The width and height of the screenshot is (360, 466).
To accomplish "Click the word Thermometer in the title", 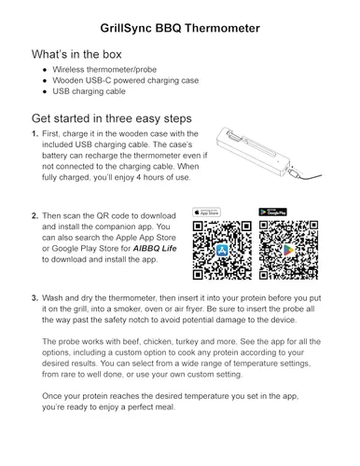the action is pyautogui.click(x=222, y=28).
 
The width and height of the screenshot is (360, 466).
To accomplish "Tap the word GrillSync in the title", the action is pyautogui.click(x=126, y=29).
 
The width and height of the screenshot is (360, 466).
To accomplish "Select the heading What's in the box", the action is pyautogui.click(x=76, y=54).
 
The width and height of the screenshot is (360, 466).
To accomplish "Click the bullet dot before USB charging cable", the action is pyautogui.click(x=46, y=91).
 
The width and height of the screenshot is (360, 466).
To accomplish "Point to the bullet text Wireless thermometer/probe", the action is pyautogui.click(x=104, y=70).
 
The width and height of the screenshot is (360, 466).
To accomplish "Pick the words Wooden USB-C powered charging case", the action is pyautogui.click(x=126, y=80).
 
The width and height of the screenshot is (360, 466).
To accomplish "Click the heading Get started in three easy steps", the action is pyautogui.click(x=112, y=118).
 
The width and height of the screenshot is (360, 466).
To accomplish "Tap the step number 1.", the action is pyautogui.click(x=35, y=134).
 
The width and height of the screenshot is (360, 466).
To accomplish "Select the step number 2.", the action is pyautogui.click(x=35, y=216).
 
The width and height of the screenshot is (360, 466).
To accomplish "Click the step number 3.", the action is pyautogui.click(x=35, y=298).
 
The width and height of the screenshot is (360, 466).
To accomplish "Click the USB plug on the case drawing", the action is pyautogui.click(x=294, y=171).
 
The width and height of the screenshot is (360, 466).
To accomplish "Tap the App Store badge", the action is pyautogui.click(x=206, y=212).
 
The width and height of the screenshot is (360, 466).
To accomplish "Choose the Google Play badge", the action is pyautogui.click(x=272, y=212).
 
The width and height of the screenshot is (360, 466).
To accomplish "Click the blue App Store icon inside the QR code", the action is pyautogui.click(x=222, y=251).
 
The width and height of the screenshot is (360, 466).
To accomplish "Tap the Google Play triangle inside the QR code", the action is pyautogui.click(x=288, y=251).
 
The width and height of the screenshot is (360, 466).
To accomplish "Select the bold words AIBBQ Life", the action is pyautogui.click(x=155, y=249).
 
